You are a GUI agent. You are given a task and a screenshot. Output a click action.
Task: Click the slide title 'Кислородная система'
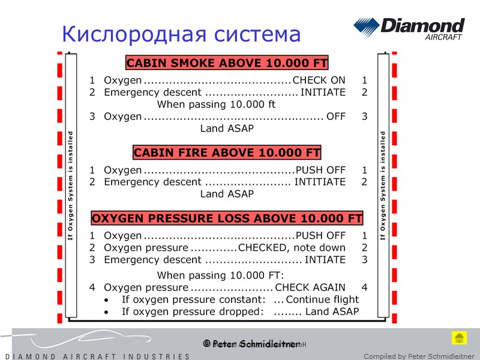[181, 34]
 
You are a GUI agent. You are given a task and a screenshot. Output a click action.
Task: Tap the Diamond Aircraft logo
[409, 28]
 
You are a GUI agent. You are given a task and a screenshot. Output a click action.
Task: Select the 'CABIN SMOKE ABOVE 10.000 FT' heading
[227, 63]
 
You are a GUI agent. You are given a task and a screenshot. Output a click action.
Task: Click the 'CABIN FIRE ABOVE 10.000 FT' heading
[227, 152]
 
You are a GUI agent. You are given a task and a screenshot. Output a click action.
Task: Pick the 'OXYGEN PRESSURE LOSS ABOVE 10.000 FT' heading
[227, 218]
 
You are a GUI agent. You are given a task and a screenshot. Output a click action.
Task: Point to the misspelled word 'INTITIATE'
[320, 182]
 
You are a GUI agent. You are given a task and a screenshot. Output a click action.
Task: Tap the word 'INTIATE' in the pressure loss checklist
[325, 260]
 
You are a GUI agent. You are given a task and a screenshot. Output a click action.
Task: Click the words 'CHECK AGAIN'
[310, 287]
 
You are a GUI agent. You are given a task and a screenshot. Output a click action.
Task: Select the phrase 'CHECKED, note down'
[292, 248]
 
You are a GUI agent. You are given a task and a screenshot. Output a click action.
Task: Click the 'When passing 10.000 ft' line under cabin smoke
[216, 104]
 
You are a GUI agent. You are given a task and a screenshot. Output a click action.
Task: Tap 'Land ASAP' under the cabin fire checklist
[227, 194]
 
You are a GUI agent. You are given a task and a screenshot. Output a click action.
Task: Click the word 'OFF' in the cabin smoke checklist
[336, 116]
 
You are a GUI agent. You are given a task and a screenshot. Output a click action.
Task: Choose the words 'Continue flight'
[322, 299]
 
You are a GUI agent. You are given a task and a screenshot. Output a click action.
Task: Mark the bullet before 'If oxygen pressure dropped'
[107, 312]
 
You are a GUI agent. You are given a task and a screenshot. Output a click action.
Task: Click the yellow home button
[459, 337]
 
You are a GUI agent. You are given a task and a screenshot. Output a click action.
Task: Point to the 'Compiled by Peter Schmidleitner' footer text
[419, 356]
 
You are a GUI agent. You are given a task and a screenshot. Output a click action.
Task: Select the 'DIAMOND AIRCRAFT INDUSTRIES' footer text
[95, 356]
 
